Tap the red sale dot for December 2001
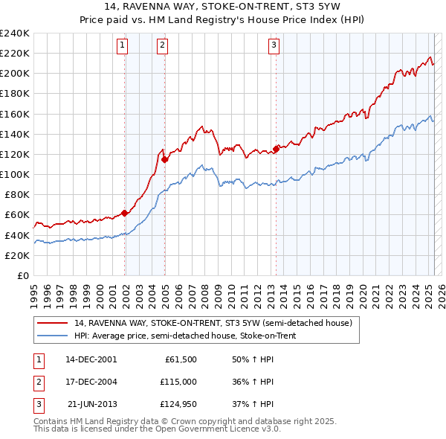click(x=125, y=213)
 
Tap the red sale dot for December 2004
click(x=164, y=158)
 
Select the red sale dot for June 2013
click(x=276, y=149)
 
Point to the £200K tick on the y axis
click(x=16, y=74)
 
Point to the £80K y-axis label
click(x=17, y=194)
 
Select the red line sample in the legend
click(x=52, y=323)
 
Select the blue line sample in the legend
click(x=52, y=336)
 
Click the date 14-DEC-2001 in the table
click(x=91, y=359)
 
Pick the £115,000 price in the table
click(x=179, y=382)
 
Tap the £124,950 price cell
click(x=179, y=404)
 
